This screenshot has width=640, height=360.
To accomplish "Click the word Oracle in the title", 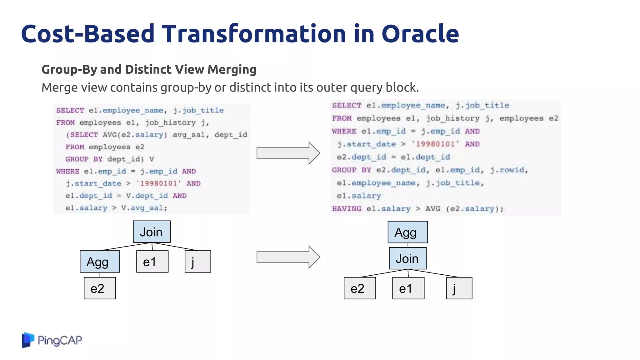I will [420, 34].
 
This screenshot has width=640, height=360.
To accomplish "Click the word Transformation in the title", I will [254, 34].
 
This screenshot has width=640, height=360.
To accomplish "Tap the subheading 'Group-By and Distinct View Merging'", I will [149, 69].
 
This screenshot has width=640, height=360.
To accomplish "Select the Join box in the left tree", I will [152, 232].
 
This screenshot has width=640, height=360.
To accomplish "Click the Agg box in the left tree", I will [100, 262].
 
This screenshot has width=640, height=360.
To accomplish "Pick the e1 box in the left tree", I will [152, 262].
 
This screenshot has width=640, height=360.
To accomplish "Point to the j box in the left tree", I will [197, 262].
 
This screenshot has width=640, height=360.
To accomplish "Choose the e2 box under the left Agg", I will [100, 288].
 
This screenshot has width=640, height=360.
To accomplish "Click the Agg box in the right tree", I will [407, 232].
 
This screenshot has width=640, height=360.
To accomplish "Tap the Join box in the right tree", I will [407, 258].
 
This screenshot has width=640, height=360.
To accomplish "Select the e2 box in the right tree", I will [360, 288].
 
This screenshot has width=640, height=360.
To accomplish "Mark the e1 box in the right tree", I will [408, 288].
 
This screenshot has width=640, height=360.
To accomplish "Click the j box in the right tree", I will [459, 288].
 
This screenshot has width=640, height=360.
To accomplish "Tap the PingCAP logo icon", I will [28, 340].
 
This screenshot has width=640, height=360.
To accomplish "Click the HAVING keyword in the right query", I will [347, 209].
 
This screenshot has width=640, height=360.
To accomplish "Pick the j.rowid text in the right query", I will [508, 170].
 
